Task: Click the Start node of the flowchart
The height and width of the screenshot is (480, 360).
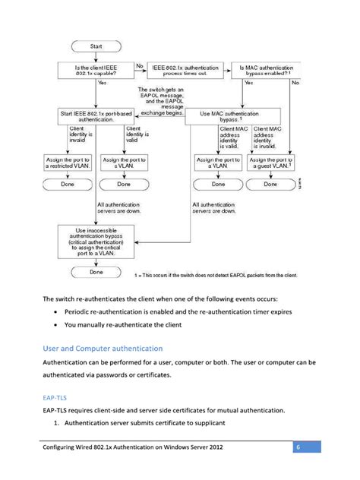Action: pos(96,46)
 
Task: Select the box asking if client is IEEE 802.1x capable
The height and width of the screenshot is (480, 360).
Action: pos(96,70)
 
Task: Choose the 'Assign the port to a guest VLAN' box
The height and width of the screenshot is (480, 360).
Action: pos(271,163)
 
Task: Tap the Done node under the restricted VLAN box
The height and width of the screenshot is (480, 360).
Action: pos(67,184)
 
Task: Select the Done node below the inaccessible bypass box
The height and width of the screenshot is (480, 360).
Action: pos(96,271)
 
